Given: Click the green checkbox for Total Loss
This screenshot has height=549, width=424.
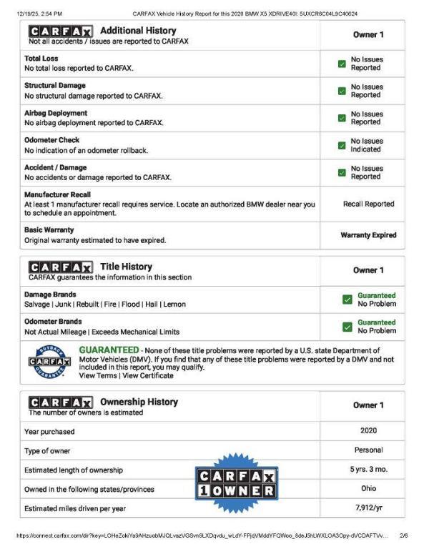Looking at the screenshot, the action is (x=342, y=64).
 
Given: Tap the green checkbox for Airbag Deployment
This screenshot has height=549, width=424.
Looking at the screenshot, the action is (x=342, y=118).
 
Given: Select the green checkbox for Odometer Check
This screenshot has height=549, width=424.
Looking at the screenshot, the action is (x=342, y=145).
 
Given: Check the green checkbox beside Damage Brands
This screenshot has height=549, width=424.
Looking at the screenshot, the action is (x=347, y=300).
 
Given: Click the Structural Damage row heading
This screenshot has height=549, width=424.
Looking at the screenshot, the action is (x=55, y=86).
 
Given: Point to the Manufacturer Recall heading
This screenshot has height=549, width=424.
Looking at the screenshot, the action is (x=58, y=194).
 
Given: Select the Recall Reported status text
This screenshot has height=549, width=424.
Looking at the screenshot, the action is (x=368, y=204).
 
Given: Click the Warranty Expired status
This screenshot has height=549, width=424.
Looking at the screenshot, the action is (x=368, y=234).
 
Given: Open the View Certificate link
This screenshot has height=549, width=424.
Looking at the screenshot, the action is (x=148, y=375).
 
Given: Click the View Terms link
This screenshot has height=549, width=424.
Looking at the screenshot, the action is (x=97, y=375).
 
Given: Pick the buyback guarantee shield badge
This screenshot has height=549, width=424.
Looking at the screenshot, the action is (x=49, y=362).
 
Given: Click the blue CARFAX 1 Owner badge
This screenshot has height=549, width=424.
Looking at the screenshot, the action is (x=236, y=483).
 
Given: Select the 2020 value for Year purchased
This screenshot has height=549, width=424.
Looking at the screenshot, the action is (x=368, y=431).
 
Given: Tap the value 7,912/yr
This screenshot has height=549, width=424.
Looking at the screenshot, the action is (x=368, y=508).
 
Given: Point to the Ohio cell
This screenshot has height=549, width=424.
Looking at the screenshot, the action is (x=368, y=489).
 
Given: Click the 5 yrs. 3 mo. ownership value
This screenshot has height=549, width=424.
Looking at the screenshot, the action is (x=368, y=470).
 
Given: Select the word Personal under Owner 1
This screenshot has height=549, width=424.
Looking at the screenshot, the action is (x=368, y=450).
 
